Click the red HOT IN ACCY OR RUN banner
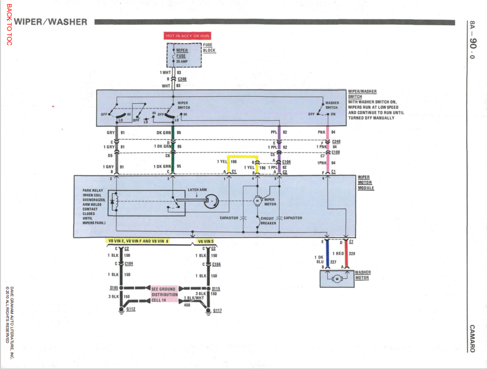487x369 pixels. point(187,36)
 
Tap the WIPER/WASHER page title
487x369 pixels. point(51,22)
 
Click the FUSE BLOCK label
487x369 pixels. point(209,48)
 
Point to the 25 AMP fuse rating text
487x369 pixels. point(182,61)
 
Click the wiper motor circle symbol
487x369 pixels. point(257,201)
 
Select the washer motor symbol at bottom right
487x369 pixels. point(337,279)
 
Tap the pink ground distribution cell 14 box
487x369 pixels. point(164,294)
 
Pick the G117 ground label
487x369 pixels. point(217,311)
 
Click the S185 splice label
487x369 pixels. point(113,288)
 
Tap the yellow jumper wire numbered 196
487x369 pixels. point(243,156)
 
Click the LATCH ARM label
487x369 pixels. point(197,190)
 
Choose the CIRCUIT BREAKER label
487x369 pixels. point(267,221)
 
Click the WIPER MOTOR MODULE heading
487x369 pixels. point(366,182)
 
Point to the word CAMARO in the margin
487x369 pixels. point(472,339)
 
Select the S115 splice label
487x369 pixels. point(216,289)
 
